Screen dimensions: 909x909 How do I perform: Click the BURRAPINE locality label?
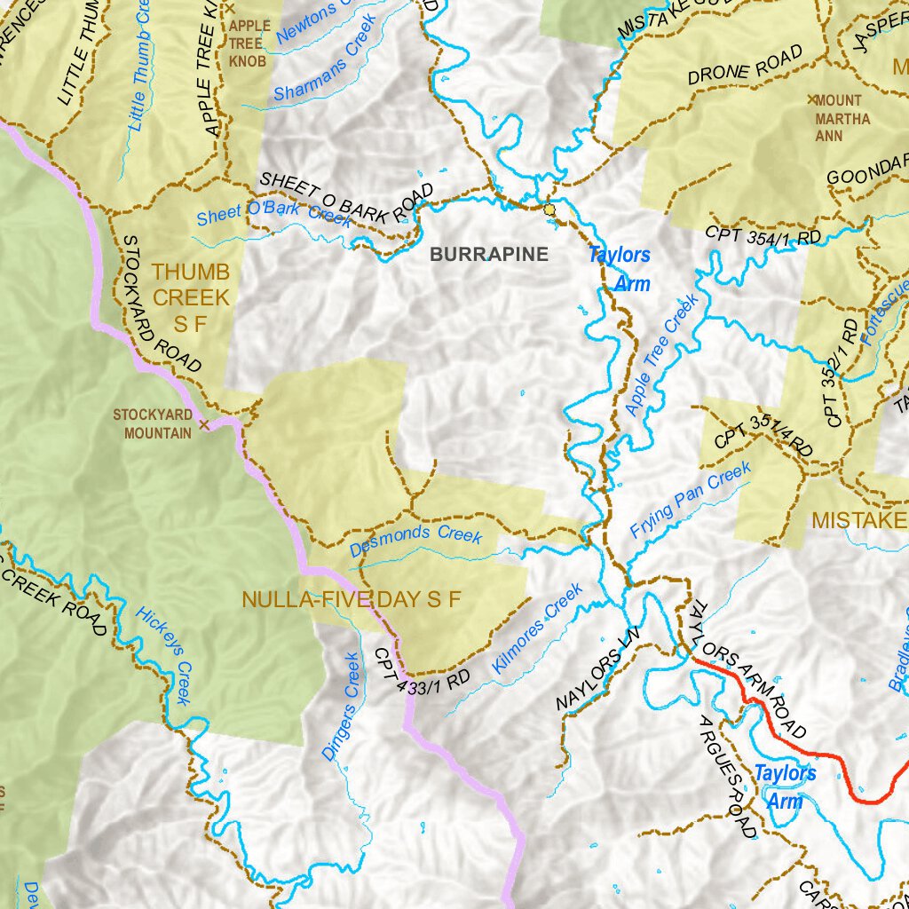coord(489,255)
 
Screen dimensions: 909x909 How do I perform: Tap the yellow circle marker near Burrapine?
coord(549,209)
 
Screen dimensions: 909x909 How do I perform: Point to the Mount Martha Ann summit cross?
coord(811,99)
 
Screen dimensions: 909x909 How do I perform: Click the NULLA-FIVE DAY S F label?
coord(352,599)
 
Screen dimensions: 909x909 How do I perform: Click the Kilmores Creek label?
coord(538,626)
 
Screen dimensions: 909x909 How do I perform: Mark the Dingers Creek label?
coord(341,707)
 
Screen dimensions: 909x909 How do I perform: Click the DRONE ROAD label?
coord(746,66)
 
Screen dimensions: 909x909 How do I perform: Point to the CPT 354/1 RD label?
coord(763,236)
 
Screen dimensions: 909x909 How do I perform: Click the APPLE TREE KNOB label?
coord(249,44)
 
